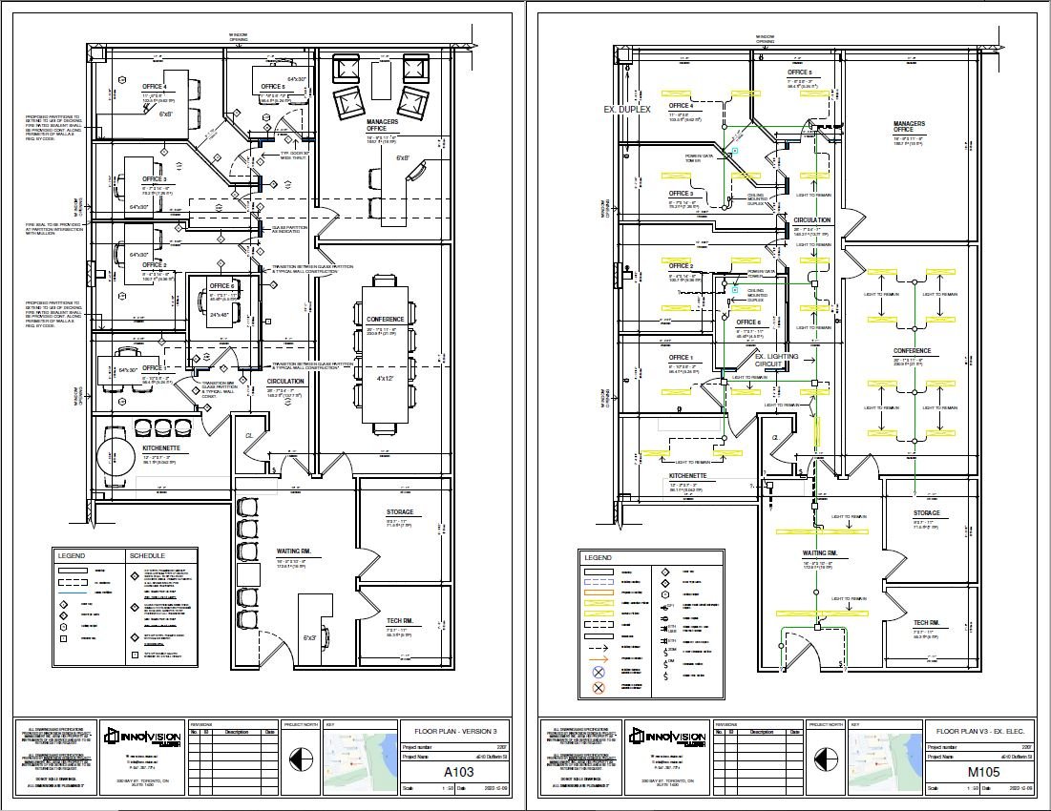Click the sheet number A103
click(452, 770)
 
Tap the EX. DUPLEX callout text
click(627, 110)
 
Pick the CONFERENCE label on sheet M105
click(911, 351)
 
